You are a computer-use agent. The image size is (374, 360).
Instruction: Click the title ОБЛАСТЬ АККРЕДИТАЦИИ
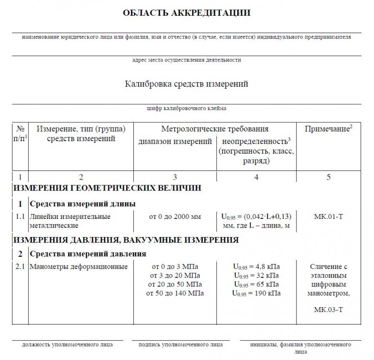pos(187,12)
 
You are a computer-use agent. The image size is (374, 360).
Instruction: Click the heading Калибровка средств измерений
pos(187,84)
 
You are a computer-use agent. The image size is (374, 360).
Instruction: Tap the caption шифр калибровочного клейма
pos(187,108)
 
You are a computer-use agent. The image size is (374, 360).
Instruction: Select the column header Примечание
pos(328,129)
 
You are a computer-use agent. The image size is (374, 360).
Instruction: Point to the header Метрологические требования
pos(214,129)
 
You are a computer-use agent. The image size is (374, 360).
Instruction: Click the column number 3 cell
pos(175,177)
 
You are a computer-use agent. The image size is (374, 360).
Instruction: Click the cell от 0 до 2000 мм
pos(175,216)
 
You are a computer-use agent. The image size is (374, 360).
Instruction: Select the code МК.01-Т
pos(328,216)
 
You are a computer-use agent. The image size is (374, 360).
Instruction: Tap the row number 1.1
pos(20,216)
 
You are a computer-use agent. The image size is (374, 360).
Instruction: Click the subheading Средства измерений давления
pos(88,253)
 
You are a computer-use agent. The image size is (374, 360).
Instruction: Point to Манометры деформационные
pos(79,267)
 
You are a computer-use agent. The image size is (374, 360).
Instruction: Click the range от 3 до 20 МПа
pos(175,276)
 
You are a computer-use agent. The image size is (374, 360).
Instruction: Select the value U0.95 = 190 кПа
pos(256,293)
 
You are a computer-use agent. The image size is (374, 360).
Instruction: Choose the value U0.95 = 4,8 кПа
pos(256,267)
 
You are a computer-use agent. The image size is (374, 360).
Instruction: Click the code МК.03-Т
pos(328,310)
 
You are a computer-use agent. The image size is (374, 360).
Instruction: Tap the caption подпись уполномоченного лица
pos(180,344)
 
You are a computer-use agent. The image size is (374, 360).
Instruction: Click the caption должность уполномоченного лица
pos(68,344)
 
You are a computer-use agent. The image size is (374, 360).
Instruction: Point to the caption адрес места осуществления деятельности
pos(187,60)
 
